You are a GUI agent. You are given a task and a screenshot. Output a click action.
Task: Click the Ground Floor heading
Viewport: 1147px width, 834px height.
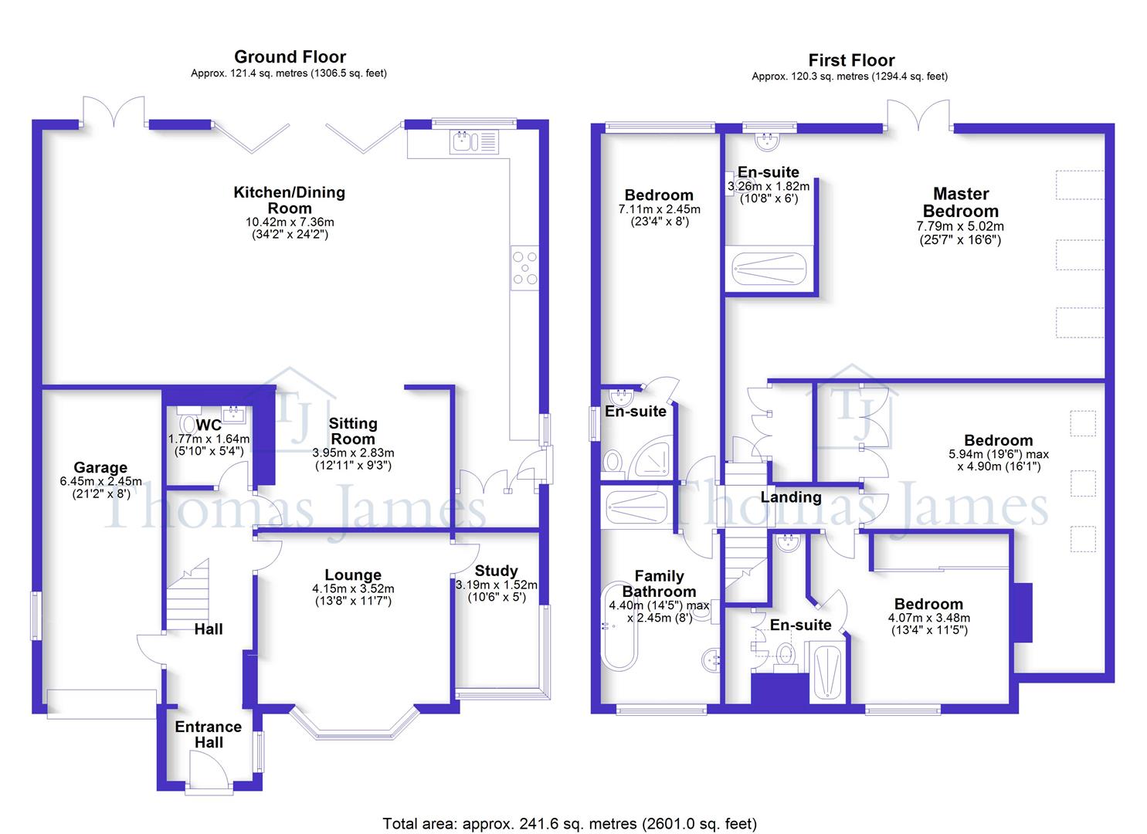click(290, 57)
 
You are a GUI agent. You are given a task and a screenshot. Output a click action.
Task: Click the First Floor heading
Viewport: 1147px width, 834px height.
click(851, 60)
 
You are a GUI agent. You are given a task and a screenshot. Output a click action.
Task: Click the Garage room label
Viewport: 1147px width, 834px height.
click(100, 467)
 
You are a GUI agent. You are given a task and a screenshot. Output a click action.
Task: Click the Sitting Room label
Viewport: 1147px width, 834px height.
click(353, 431)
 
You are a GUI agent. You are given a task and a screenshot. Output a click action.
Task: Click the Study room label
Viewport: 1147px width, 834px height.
click(496, 571)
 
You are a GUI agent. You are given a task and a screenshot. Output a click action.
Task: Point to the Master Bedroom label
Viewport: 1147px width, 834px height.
click(960, 202)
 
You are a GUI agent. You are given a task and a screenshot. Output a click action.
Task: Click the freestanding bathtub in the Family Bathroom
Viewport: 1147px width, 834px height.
click(619, 636)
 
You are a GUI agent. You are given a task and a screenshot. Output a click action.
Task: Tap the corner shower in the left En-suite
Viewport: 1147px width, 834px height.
click(652, 459)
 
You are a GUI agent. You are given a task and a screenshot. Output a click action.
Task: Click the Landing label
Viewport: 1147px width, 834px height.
click(790, 497)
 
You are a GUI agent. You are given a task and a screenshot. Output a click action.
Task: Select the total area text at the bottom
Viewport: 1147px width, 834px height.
click(569, 823)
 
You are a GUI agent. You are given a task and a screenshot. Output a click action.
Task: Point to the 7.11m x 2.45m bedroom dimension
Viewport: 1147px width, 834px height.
click(659, 209)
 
